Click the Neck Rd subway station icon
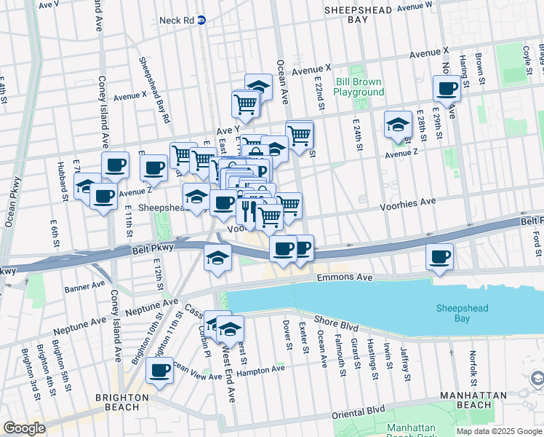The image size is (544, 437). click(201, 20)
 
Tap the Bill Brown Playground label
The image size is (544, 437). click(359, 87)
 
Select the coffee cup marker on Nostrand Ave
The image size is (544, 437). click(447, 90)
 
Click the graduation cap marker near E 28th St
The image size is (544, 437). click(398, 125)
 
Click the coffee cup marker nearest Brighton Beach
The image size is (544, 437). click(159, 370)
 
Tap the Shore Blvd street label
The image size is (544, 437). click(337, 320)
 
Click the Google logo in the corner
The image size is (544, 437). click(25, 428)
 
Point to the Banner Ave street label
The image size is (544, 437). click(84, 288)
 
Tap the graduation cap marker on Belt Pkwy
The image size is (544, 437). click(217, 258)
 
